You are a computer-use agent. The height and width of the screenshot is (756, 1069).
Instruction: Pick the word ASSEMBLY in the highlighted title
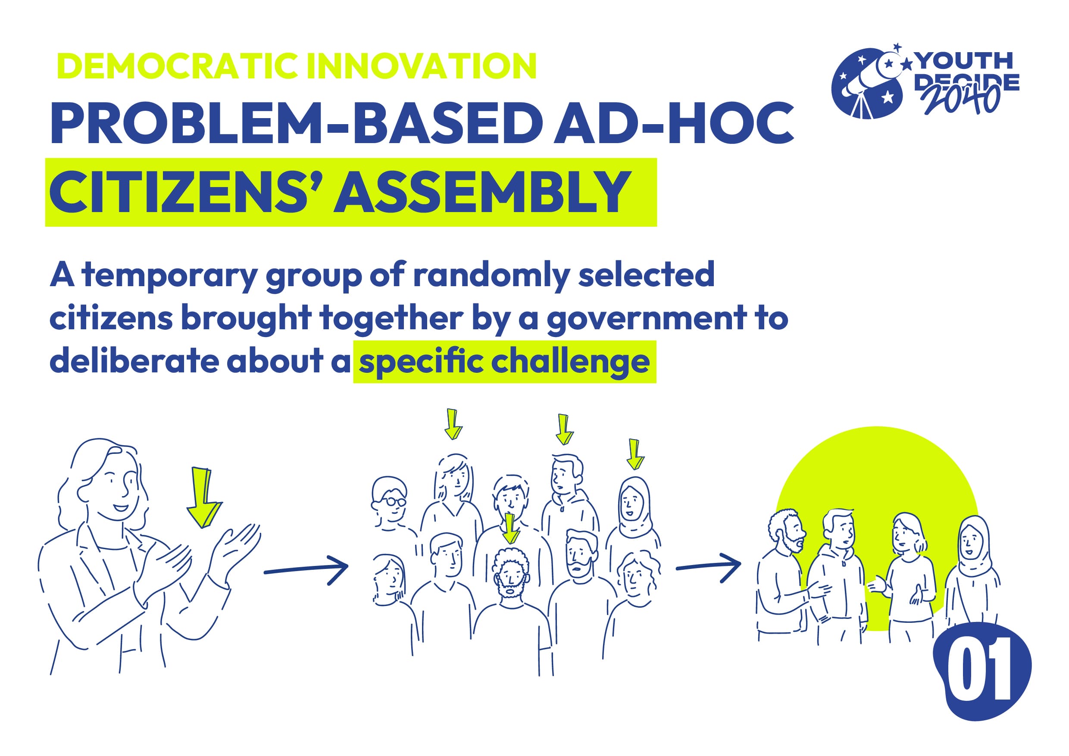coord(482,192)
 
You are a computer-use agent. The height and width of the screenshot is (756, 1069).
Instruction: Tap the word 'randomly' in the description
coord(491,276)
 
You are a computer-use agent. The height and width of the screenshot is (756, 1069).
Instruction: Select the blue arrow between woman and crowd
coord(306,569)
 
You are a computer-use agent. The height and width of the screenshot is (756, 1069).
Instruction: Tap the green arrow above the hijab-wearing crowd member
coord(635,454)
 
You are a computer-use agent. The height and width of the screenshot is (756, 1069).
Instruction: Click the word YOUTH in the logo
coord(964,60)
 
